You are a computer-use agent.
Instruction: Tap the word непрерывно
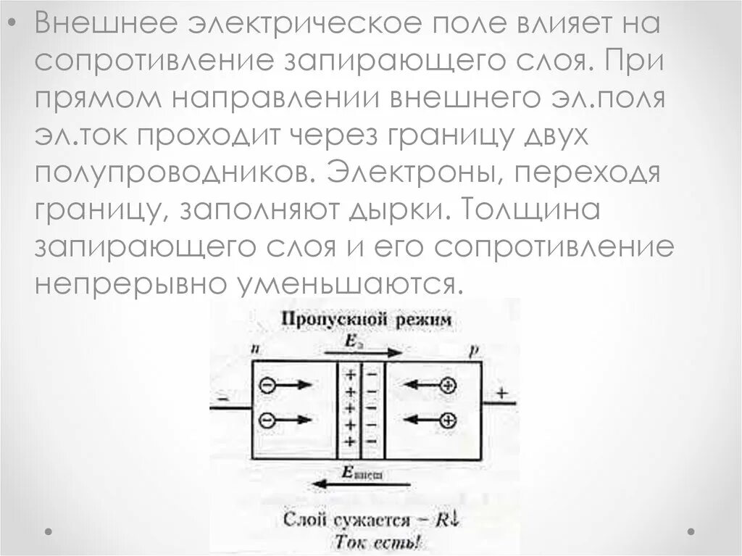pyautogui.click(x=122, y=283)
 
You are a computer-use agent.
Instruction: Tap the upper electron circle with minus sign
pyautogui.click(x=268, y=387)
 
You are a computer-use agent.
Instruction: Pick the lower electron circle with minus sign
pyautogui.click(x=268, y=420)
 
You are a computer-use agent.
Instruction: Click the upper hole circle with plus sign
pyautogui.click(x=449, y=386)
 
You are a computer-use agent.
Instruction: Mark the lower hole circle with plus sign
pyautogui.click(x=449, y=420)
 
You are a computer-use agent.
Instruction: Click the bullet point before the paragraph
pyautogui.click(x=12, y=26)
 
